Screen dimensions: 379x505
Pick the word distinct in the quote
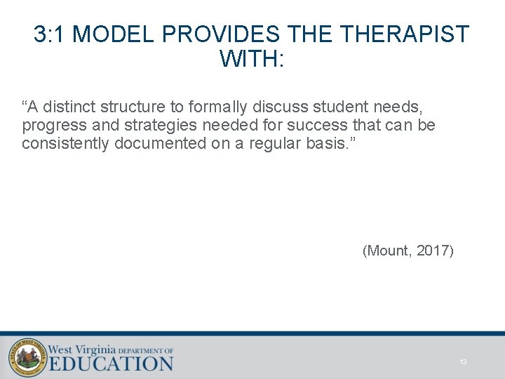(x=69, y=107)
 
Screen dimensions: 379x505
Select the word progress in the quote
(x=47, y=126)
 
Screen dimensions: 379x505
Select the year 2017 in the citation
(x=434, y=251)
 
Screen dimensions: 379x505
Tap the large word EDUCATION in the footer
(x=111, y=363)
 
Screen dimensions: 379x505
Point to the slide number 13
(x=463, y=362)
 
